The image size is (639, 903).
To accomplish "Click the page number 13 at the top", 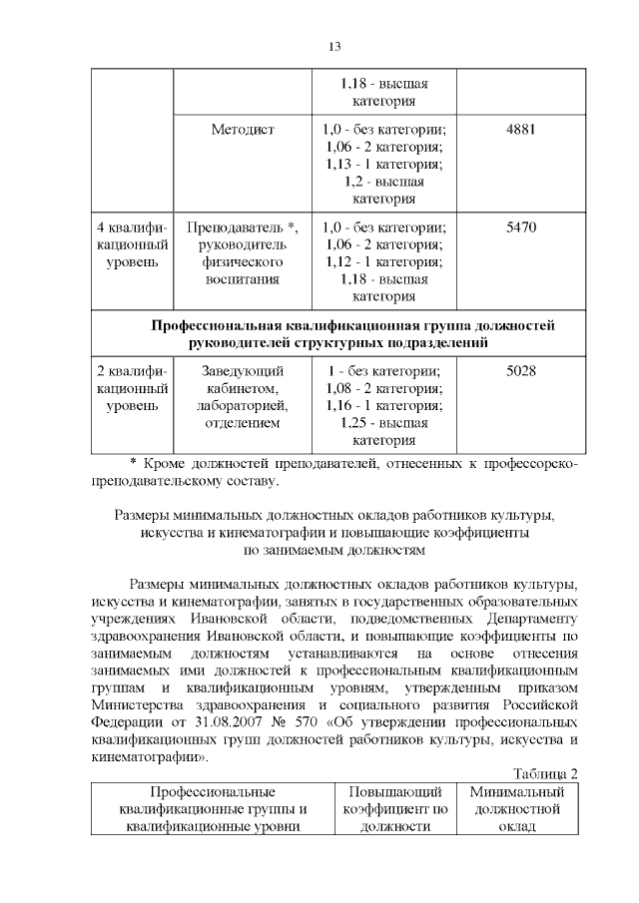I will pyautogui.click(x=334, y=47).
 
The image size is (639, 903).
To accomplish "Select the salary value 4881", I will pyautogui.click(x=521, y=130).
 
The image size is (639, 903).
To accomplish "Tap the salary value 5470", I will pyautogui.click(x=521, y=227).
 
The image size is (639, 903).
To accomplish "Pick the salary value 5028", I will pyautogui.click(x=521, y=371).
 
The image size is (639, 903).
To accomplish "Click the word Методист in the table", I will pyautogui.click(x=243, y=130).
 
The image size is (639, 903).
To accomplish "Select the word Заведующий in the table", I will pyautogui.click(x=243, y=371).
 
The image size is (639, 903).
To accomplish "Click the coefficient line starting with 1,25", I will pyautogui.click(x=384, y=423).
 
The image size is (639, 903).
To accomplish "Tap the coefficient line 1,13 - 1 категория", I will pyautogui.click(x=384, y=164).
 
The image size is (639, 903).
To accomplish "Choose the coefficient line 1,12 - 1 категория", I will pyautogui.click(x=384, y=261).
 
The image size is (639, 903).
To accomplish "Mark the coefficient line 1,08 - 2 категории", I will pyautogui.click(x=384, y=388).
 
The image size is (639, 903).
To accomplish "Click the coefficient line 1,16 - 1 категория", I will pyautogui.click(x=384, y=406).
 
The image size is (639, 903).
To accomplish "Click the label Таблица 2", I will pyautogui.click(x=545, y=773).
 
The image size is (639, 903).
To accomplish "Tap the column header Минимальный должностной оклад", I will pyautogui.click(x=517, y=808).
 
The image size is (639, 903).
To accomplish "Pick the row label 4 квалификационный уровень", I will pyautogui.click(x=131, y=244).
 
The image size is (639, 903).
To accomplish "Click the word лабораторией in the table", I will pyautogui.click(x=243, y=406).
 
